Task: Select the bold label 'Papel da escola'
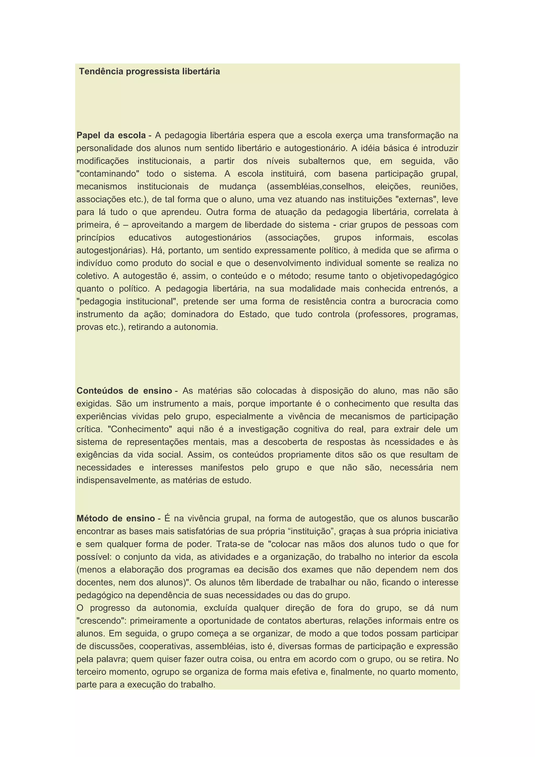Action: (111, 135)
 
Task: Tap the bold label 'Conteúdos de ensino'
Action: (124, 391)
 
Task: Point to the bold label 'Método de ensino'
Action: (116, 518)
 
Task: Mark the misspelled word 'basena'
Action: (353, 174)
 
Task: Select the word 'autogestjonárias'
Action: (112, 251)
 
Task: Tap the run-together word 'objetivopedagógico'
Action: (419, 276)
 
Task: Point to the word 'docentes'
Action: (95, 583)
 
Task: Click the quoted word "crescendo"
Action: (101, 621)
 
